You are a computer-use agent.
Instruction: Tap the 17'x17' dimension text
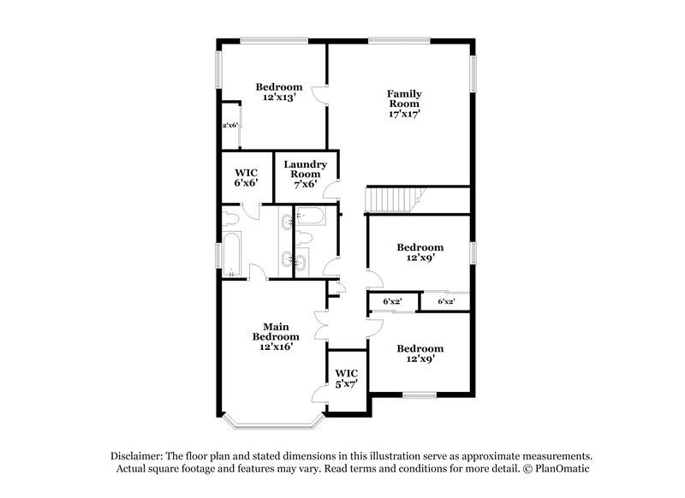[404, 113]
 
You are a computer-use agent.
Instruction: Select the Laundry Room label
[306, 169]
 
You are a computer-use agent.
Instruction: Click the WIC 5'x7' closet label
[346, 378]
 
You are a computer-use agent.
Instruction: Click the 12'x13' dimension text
[279, 98]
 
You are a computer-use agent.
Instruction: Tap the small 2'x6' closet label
[230, 125]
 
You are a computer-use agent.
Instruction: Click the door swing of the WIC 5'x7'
[319, 392]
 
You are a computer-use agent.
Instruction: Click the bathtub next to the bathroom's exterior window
[232, 253]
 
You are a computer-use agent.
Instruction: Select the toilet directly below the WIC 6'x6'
[231, 217]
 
